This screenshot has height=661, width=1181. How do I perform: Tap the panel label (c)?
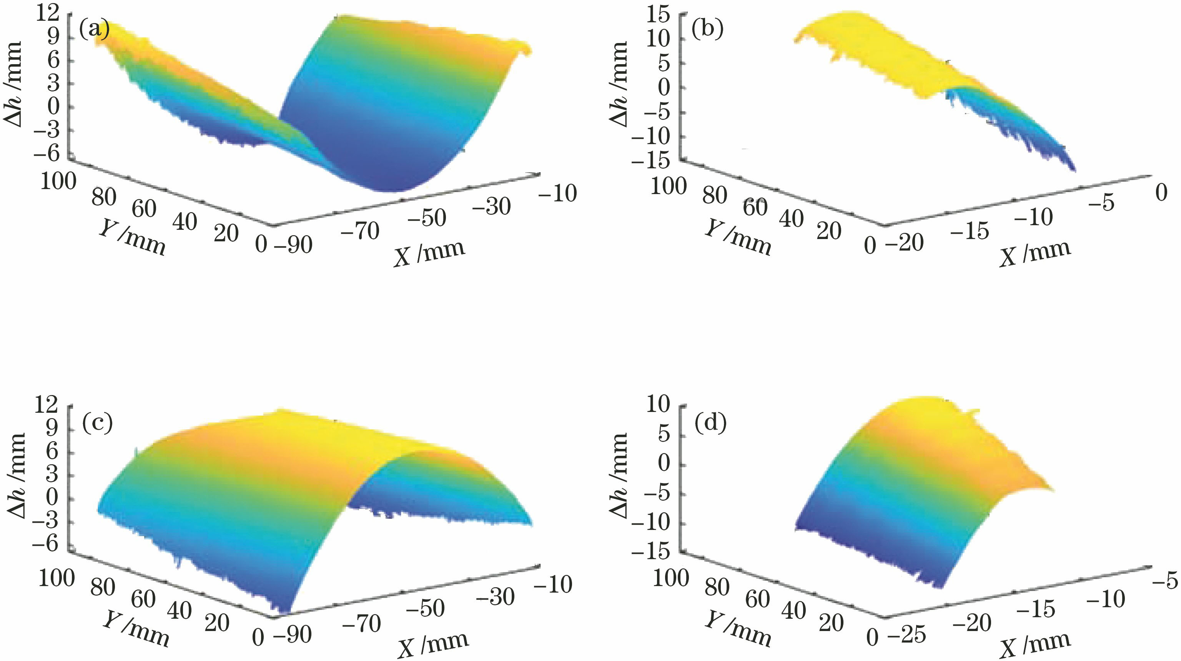point(97,424)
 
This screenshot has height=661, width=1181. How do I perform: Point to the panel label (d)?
point(710,424)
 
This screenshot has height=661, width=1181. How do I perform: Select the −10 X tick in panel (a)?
point(557,193)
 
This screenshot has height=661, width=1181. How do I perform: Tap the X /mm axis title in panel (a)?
point(429,252)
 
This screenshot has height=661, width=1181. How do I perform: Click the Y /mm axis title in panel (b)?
point(738,237)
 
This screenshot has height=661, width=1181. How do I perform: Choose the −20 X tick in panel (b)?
point(904,242)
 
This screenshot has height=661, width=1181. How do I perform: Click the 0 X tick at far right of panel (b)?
point(1161,193)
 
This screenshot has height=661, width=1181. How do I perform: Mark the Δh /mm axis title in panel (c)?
point(17,475)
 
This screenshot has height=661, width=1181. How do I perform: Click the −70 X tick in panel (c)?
point(361,623)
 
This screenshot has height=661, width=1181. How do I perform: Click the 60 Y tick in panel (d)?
point(757,599)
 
